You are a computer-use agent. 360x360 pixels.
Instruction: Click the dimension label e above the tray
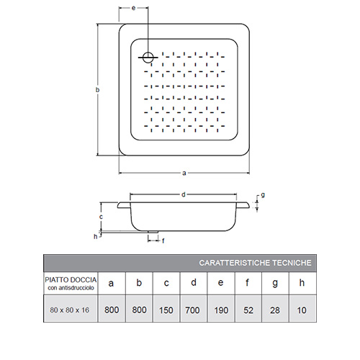click(134, 8)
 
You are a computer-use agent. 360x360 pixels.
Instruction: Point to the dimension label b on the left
click(97, 90)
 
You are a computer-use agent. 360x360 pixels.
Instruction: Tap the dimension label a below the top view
click(184, 173)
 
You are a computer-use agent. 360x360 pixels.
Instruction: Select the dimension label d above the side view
click(184, 194)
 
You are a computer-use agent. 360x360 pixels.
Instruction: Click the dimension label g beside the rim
click(263, 195)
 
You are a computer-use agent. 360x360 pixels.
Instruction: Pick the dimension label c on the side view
click(101, 217)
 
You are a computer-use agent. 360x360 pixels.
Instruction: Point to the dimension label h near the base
click(96, 237)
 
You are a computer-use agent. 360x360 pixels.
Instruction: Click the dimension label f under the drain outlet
click(163, 240)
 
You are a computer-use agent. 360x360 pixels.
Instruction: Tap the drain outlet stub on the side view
click(153, 232)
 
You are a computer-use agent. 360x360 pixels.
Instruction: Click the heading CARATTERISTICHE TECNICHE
click(255, 263)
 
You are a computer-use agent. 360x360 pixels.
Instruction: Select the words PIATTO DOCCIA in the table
click(71, 280)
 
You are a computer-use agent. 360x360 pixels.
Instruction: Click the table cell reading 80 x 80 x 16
click(70, 310)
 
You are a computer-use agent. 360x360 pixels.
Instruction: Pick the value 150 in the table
click(166, 310)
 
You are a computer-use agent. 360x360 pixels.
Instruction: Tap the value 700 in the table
click(192, 310)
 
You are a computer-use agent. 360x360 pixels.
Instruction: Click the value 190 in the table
click(221, 310)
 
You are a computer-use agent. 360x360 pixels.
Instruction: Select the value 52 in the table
click(248, 310)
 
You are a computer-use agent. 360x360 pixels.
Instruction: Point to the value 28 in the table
click(275, 310)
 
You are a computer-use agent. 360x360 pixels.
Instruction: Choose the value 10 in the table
click(302, 310)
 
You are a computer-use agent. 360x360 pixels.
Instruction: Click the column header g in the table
click(275, 284)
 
